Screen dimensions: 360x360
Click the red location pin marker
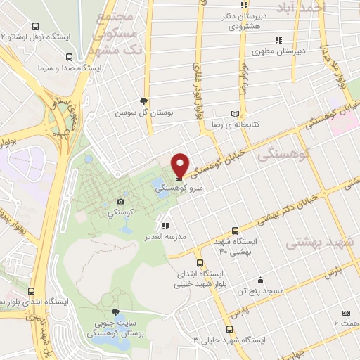tap(180, 165)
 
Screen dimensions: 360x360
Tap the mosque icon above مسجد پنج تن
tap(260, 280)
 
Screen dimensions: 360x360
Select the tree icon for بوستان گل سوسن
tap(144, 102)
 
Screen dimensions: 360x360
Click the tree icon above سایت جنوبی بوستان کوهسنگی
tap(116, 313)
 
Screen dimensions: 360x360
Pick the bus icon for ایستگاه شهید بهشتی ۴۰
tap(236, 231)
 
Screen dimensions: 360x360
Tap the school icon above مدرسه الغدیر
tap(165, 226)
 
